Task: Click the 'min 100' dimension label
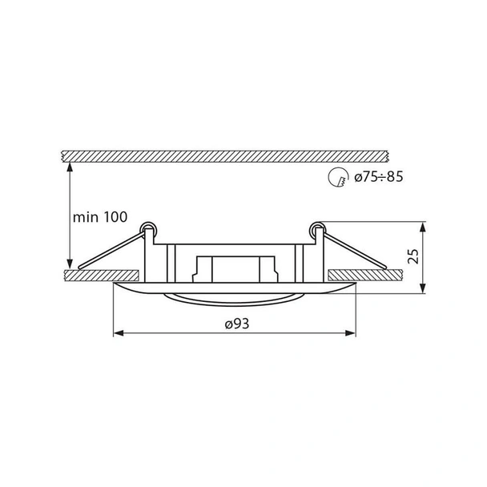coord(100,217)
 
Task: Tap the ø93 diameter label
coord(237,324)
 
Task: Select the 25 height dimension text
coord(413,256)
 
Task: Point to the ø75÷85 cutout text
coord(379,177)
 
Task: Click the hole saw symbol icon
coord(337,177)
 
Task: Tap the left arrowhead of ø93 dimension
coord(119,333)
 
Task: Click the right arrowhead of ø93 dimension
coord(351,333)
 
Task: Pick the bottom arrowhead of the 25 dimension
coord(422,288)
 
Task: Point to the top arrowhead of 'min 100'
coord(70,167)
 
